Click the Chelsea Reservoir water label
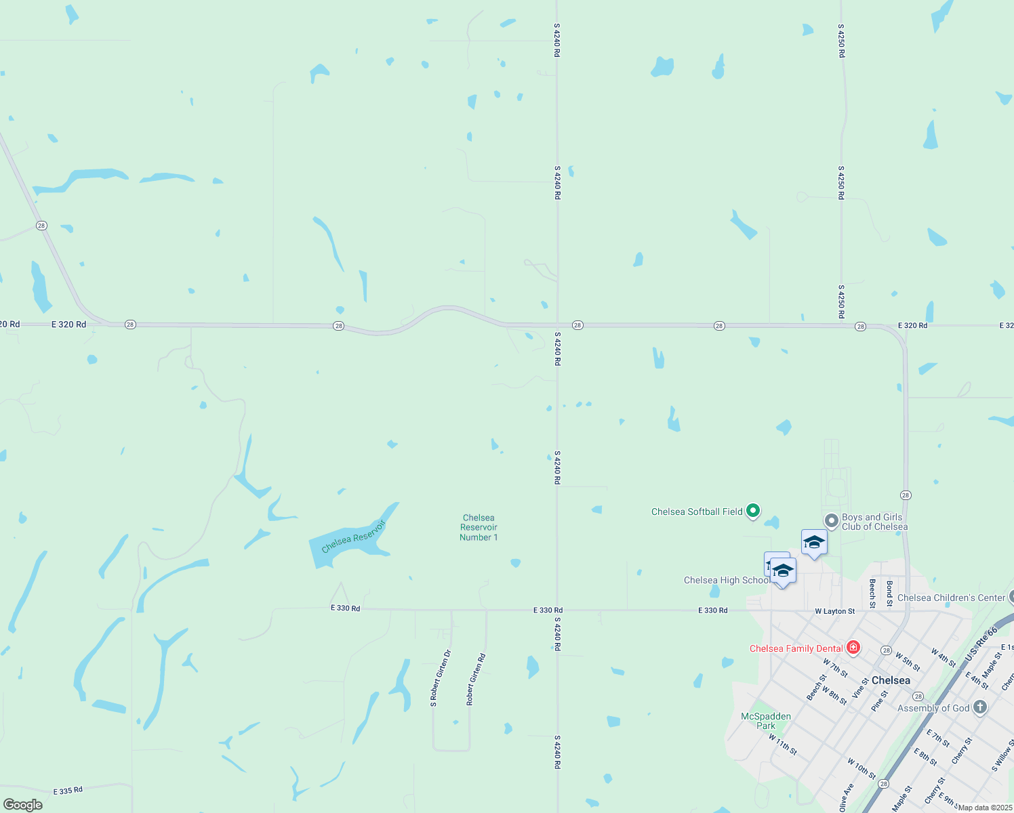(353, 537)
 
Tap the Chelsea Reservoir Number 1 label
(479, 527)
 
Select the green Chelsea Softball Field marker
(752, 511)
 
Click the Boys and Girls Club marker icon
(831, 520)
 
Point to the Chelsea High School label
(727, 580)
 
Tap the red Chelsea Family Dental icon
(853, 648)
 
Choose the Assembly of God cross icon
(979, 707)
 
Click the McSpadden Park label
(766, 721)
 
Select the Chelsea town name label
(891, 680)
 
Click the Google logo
(23, 804)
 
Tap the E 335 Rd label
(68, 791)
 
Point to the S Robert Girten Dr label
(441, 678)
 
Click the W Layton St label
(835, 611)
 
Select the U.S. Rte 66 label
(981, 644)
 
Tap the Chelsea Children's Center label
(951, 598)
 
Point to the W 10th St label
(861, 768)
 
